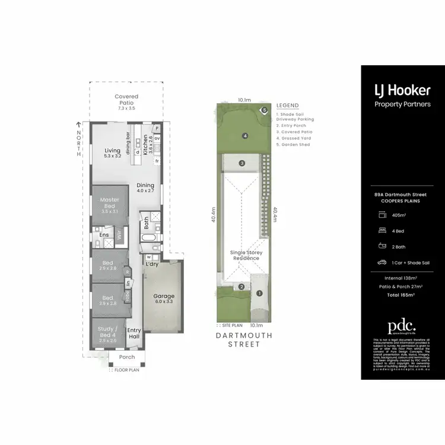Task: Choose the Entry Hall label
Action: point(134,333)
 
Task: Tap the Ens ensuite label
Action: point(104,236)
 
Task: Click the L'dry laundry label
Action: point(152,263)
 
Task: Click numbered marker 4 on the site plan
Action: point(244,135)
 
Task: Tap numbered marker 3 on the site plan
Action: point(242,163)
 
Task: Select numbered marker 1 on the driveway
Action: point(259,293)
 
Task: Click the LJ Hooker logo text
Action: point(402,91)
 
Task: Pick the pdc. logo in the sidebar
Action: point(402,327)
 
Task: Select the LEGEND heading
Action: point(288,106)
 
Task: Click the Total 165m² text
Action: point(402,294)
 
